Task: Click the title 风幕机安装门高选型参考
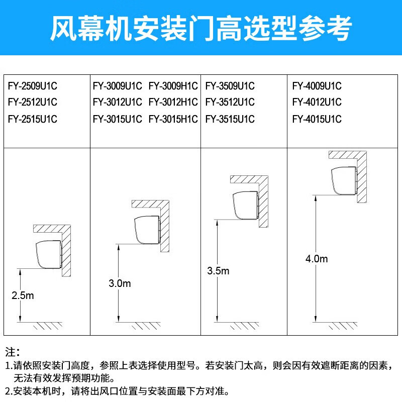click(201, 29)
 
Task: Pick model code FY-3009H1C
click(173, 85)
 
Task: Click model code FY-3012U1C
click(118, 103)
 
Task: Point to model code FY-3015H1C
click(173, 119)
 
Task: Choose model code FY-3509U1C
click(230, 85)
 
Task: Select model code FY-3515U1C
click(230, 119)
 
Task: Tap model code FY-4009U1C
click(317, 85)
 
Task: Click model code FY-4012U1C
click(317, 103)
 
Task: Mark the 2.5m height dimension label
click(23, 295)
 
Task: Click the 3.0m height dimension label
click(120, 283)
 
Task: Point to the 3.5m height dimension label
click(218, 271)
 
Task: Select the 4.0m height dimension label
click(317, 259)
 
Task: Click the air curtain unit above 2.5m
click(49, 254)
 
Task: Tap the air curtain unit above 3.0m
click(147, 230)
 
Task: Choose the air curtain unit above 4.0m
click(344, 180)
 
